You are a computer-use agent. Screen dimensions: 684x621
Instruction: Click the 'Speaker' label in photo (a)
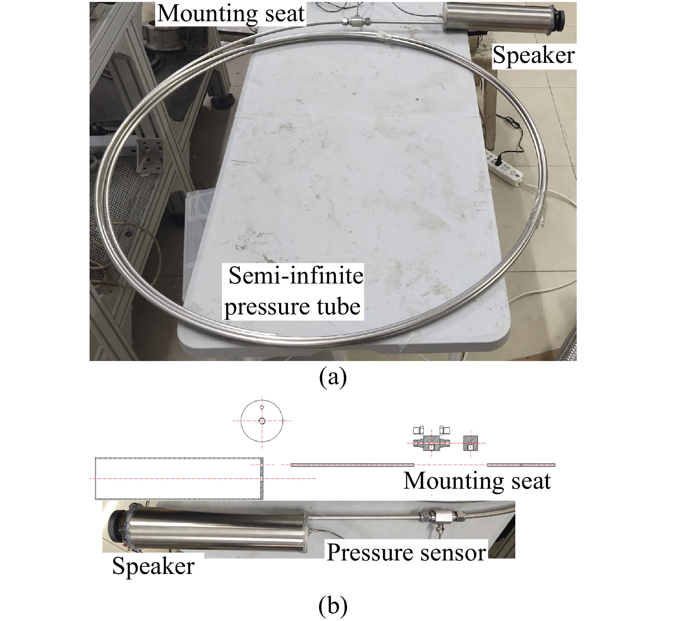(x=534, y=55)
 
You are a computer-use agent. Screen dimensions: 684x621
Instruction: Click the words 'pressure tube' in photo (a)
(x=293, y=307)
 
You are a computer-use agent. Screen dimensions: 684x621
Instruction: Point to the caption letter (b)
(x=333, y=606)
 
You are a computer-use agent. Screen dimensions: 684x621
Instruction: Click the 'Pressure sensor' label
(x=406, y=552)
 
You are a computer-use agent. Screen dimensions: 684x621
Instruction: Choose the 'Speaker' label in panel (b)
(x=153, y=566)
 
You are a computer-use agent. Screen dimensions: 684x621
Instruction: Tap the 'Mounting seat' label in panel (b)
(x=477, y=481)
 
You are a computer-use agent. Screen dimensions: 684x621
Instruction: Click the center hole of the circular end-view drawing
(x=262, y=421)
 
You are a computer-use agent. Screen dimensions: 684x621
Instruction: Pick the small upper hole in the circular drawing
(x=262, y=407)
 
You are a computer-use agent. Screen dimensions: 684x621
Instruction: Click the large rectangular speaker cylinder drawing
(x=179, y=478)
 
